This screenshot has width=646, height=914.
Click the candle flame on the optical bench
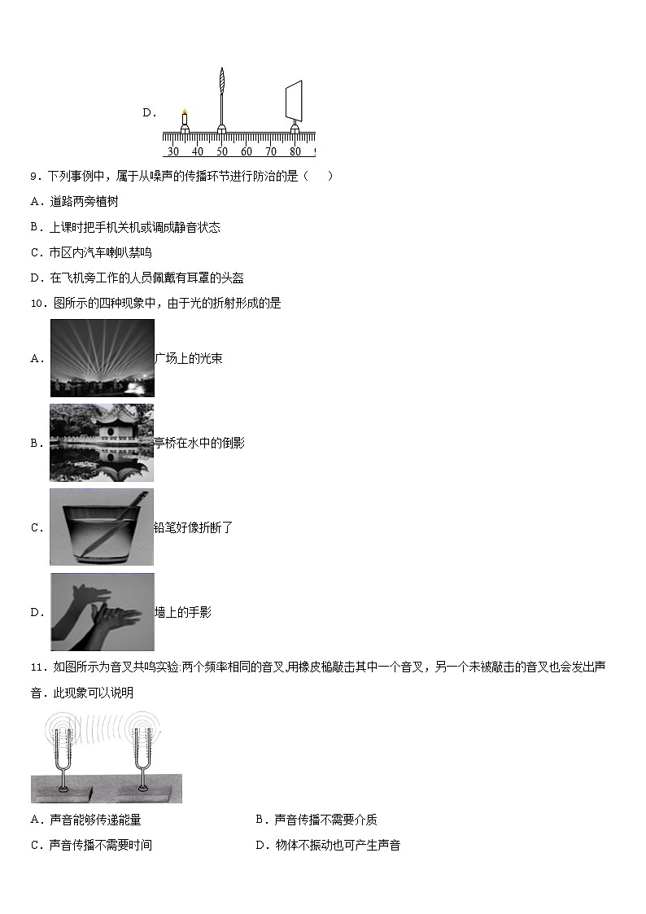click(185, 112)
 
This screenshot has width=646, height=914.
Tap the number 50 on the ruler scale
click(222, 151)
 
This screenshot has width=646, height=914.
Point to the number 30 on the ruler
click(172, 151)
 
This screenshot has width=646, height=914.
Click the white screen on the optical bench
click(294, 99)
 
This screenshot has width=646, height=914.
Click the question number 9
click(33, 176)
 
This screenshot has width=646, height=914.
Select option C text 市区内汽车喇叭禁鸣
click(100, 252)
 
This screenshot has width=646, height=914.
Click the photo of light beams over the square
click(102, 358)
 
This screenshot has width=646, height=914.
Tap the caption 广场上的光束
click(188, 358)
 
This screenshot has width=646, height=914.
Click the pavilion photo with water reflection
click(102, 443)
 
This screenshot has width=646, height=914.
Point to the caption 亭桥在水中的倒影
click(199, 443)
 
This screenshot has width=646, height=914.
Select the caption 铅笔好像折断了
click(194, 527)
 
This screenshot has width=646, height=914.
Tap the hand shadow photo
click(102, 612)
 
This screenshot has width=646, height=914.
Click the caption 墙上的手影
click(183, 612)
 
